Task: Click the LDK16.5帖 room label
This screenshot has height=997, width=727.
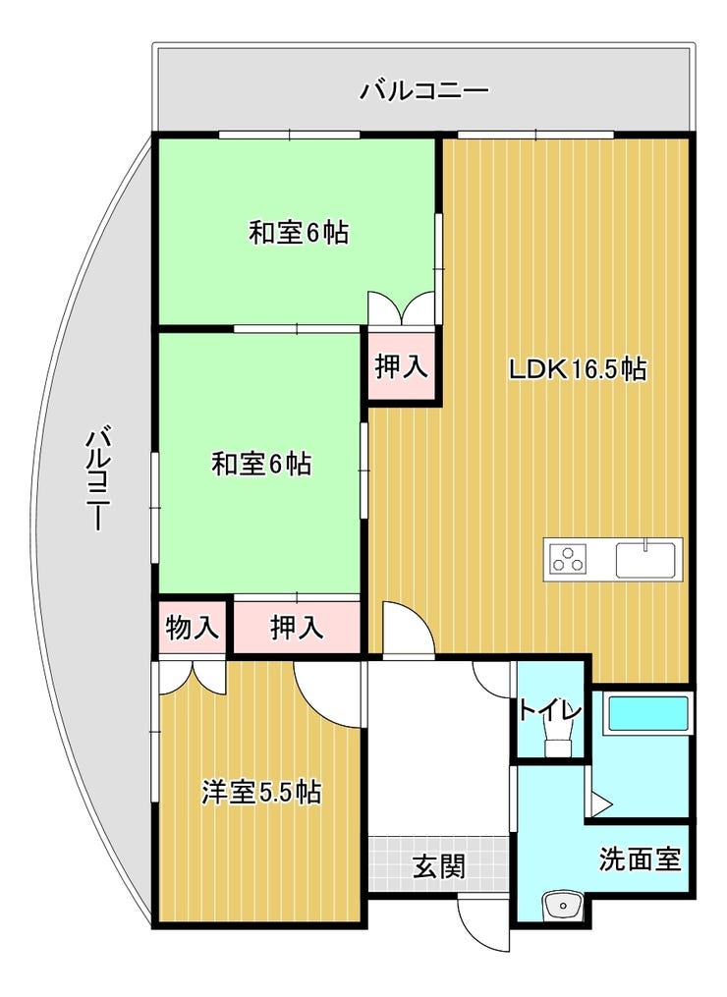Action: click(578, 369)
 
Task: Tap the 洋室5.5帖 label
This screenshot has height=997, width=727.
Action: click(260, 793)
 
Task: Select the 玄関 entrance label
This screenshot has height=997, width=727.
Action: click(439, 866)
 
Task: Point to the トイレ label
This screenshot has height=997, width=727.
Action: click(549, 710)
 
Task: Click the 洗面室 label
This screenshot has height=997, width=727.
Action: click(640, 859)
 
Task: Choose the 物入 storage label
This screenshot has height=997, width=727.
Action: click(193, 629)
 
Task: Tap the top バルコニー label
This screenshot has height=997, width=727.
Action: click(424, 91)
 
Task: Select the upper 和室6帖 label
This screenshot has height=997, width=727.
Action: click(298, 233)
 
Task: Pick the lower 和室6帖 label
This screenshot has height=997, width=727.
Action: click(261, 464)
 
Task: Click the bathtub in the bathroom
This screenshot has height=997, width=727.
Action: click(648, 713)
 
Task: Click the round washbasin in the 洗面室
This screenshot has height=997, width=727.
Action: click(562, 904)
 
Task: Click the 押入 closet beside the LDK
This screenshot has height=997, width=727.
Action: click(402, 367)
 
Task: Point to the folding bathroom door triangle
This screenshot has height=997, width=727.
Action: click(599, 803)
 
